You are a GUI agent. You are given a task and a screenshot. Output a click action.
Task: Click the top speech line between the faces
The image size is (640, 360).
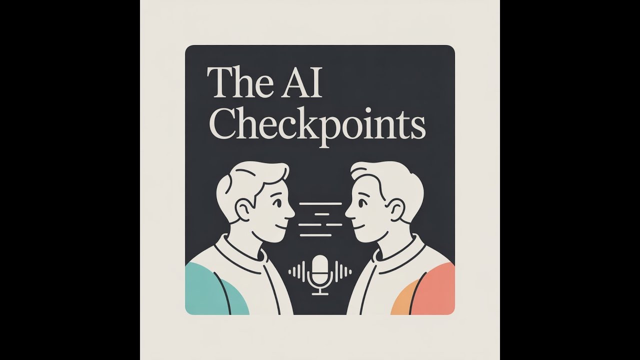click(x=320, y=204)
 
